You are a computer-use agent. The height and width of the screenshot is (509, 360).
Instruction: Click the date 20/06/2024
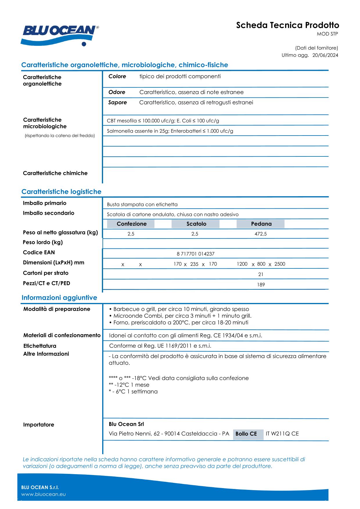325,55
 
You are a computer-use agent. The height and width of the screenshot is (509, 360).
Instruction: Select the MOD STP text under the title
327,34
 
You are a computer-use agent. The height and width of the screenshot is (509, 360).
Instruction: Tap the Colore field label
117,77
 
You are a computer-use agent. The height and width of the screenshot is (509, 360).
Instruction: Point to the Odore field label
117,92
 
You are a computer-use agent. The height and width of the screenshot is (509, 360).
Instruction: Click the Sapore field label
118,102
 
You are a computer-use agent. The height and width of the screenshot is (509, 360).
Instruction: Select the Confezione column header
132,224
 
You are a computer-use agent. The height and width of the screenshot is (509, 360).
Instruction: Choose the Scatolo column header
196,224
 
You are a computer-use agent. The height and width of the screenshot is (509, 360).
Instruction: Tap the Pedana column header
261,224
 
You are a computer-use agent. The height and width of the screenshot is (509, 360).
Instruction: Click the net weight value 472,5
260,234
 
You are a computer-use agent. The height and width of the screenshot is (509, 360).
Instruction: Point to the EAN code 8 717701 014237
195,254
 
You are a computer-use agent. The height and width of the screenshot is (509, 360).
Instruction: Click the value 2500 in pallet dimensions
280,264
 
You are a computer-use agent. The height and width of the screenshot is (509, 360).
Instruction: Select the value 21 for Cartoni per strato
261,275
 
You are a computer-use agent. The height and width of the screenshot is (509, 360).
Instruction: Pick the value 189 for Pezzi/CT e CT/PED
261,285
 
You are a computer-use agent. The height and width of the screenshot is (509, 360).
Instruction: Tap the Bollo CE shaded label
246,434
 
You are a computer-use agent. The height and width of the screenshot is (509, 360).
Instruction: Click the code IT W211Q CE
282,434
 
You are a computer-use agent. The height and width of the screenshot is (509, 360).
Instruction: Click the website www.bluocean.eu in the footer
44,494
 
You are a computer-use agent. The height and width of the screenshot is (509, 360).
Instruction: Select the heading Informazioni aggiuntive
59,298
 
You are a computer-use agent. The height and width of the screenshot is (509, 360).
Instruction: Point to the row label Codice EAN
39,252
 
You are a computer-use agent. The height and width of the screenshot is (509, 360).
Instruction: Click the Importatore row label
39,425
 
